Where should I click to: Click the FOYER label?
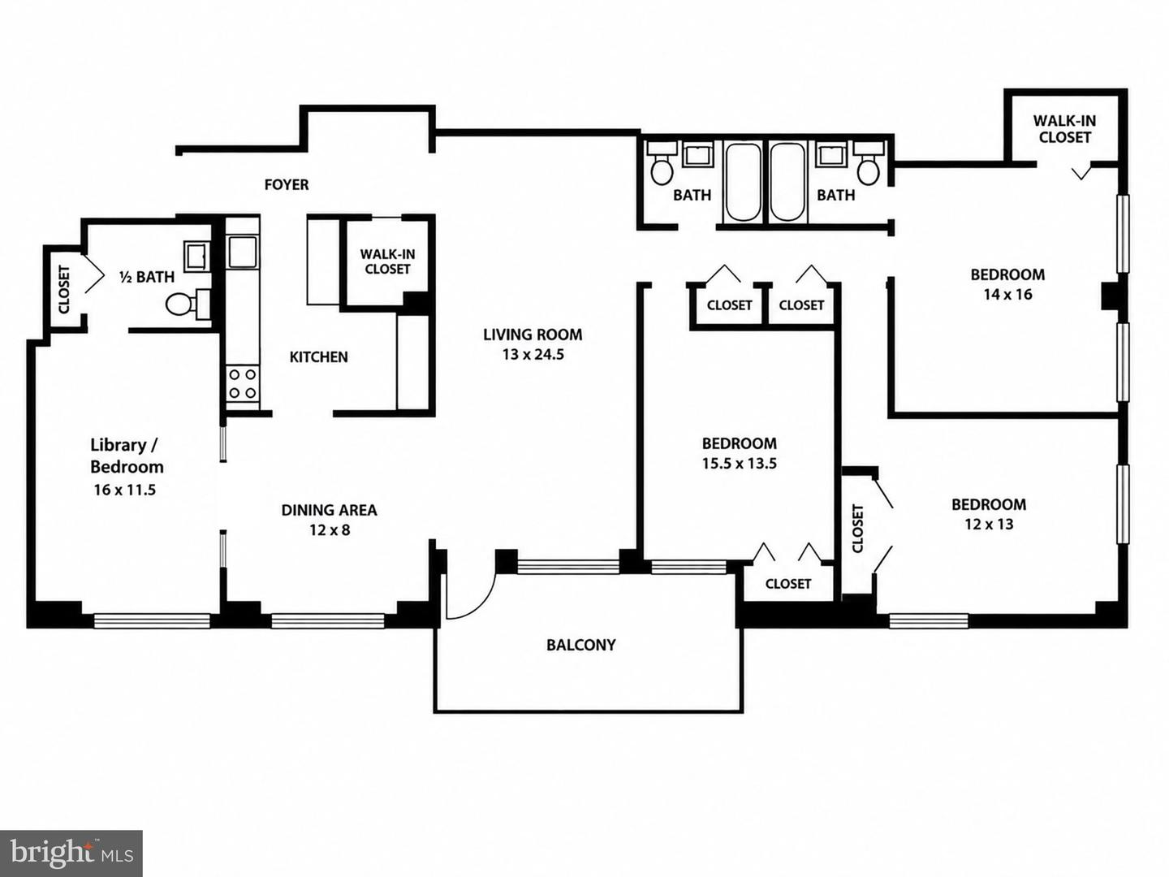point(287,185)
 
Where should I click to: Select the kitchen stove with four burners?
point(242,384)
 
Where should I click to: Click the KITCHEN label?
point(318,356)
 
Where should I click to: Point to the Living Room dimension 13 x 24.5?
point(533,354)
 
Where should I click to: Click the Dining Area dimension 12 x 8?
point(330,529)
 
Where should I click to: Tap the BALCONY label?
point(581,645)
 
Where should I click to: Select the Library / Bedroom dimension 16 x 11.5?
point(125,490)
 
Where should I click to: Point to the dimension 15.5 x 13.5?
point(739,463)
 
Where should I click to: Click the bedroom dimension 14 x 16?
point(1007,294)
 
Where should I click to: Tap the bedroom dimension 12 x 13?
point(989,524)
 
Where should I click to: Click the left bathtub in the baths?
point(743,182)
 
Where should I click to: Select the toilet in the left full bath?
point(662,163)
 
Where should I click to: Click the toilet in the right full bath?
point(869,163)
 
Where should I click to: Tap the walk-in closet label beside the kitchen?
point(388,261)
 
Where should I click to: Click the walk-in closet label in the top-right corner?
point(1064,129)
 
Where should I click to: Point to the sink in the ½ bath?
point(197,255)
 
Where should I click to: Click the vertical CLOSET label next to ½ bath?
point(64,289)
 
